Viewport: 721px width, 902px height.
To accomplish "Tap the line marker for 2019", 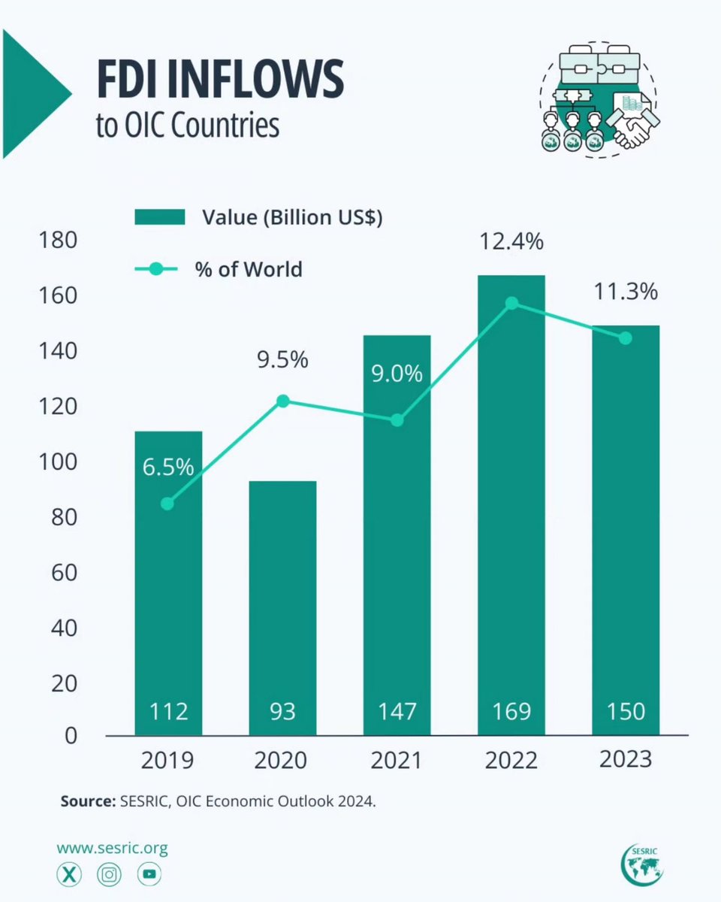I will (167, 504).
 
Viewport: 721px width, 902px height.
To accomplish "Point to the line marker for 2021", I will (397, 420).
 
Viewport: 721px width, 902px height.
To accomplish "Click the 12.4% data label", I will (511, 243).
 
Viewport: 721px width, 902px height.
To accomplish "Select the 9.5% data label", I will (282, 360).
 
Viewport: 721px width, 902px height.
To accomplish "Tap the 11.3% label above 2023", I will (626, 291).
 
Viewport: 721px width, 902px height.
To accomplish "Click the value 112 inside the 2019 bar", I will (168, 710).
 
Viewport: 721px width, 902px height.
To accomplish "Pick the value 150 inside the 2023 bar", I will (626, 710).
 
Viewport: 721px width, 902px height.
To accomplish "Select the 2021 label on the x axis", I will (397, 760).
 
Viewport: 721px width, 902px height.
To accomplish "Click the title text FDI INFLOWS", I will (219, 81).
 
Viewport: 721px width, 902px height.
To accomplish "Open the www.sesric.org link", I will (112, 849).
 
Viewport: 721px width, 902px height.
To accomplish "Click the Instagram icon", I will (110, 874).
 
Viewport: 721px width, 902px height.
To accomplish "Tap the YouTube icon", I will (149, 874).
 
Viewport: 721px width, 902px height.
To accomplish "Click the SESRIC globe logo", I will (643, 864).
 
